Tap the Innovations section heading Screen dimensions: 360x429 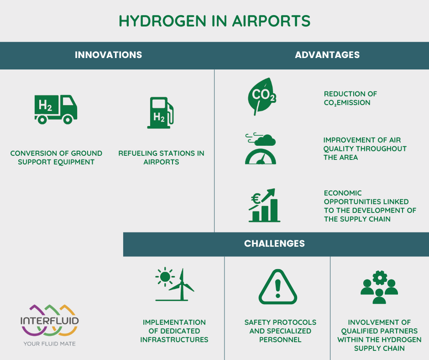[108, 55]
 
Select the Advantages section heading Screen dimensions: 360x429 [327, 55]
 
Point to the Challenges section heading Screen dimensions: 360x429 [274, 244]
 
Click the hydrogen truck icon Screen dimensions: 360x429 [56, 109]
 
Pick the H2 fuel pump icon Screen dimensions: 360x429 [160, 112]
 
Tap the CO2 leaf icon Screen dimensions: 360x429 [261, 96]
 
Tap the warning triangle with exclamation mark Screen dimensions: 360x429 [277, 287]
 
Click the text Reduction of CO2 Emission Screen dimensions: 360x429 [351, 98]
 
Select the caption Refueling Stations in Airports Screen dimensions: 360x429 [161, 158]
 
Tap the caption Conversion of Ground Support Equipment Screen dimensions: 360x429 [56, 158]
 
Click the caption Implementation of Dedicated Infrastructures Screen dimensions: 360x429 [174, 331]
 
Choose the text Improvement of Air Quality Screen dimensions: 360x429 [365, 148]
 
